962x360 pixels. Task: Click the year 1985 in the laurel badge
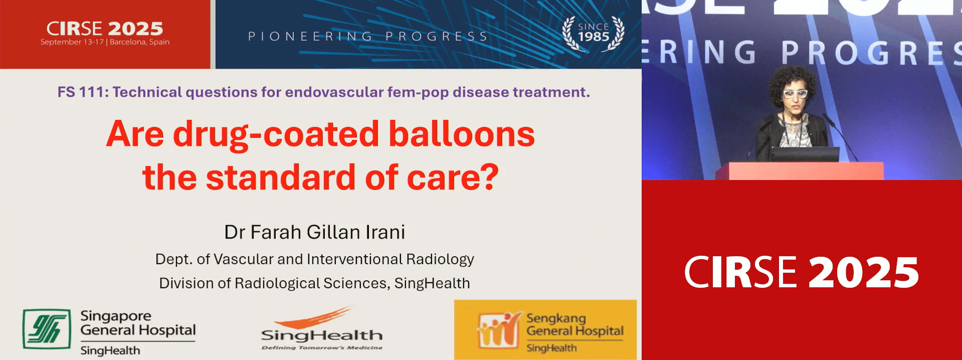[x=594, y=37]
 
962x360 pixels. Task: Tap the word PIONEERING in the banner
[x=310, y=36]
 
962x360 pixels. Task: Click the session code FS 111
[x=81, y=92]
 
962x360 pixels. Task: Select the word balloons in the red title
[x=462, y=134]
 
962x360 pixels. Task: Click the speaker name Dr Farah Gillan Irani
[x=314, y=232]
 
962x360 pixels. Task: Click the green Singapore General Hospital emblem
[x=47, y=329]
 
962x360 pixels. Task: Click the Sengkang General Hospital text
[x=575, y=324]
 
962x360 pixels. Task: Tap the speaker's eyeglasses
[x=795, y=94]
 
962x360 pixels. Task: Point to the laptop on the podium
[x=805, y=154]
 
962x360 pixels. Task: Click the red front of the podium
[x=805, y=171]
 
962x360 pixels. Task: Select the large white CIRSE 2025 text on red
[x=802, y=272]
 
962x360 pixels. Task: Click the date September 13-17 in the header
[x=72, y=42]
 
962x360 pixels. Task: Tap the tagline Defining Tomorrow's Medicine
[x=322, y=347]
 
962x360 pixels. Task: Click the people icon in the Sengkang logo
[x=498, y=330]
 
